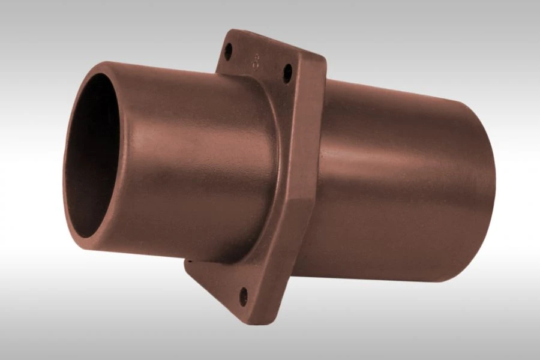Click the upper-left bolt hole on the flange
coord(229,52)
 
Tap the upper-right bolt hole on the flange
coord(287,73)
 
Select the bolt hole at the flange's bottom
coord(243,295)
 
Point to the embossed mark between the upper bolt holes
coord(257,61)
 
